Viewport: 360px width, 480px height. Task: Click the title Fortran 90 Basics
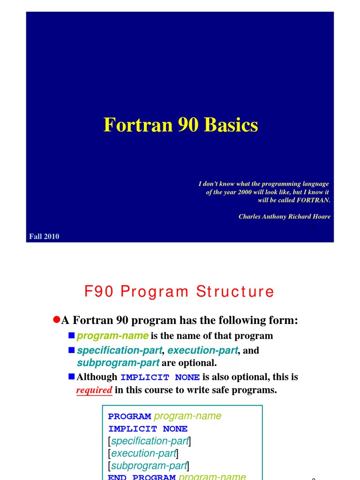[x=180, y=125]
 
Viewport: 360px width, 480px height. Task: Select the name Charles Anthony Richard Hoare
[x=284, y=217]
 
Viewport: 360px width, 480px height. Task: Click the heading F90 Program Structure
[x=179, y=292]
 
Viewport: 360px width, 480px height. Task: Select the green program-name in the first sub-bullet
[x=112, y=336]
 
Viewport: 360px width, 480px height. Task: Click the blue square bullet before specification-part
[x=71, y=350]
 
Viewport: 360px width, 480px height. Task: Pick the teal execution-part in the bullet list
[x=202, y=351]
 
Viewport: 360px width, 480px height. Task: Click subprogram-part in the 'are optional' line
[x=118, y=363]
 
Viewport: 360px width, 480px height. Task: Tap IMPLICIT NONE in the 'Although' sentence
[x=160, y=377]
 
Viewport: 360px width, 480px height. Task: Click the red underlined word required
[x=94, y=390]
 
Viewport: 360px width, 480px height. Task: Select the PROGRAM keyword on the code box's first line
[x=129, y=416]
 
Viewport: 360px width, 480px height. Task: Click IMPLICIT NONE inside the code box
[x=148, y=428]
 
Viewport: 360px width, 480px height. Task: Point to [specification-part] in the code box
[x=149, y=441]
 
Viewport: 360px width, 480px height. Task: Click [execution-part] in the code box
[x=143, y=453]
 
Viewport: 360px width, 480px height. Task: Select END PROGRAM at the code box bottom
[x=142, y=477]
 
